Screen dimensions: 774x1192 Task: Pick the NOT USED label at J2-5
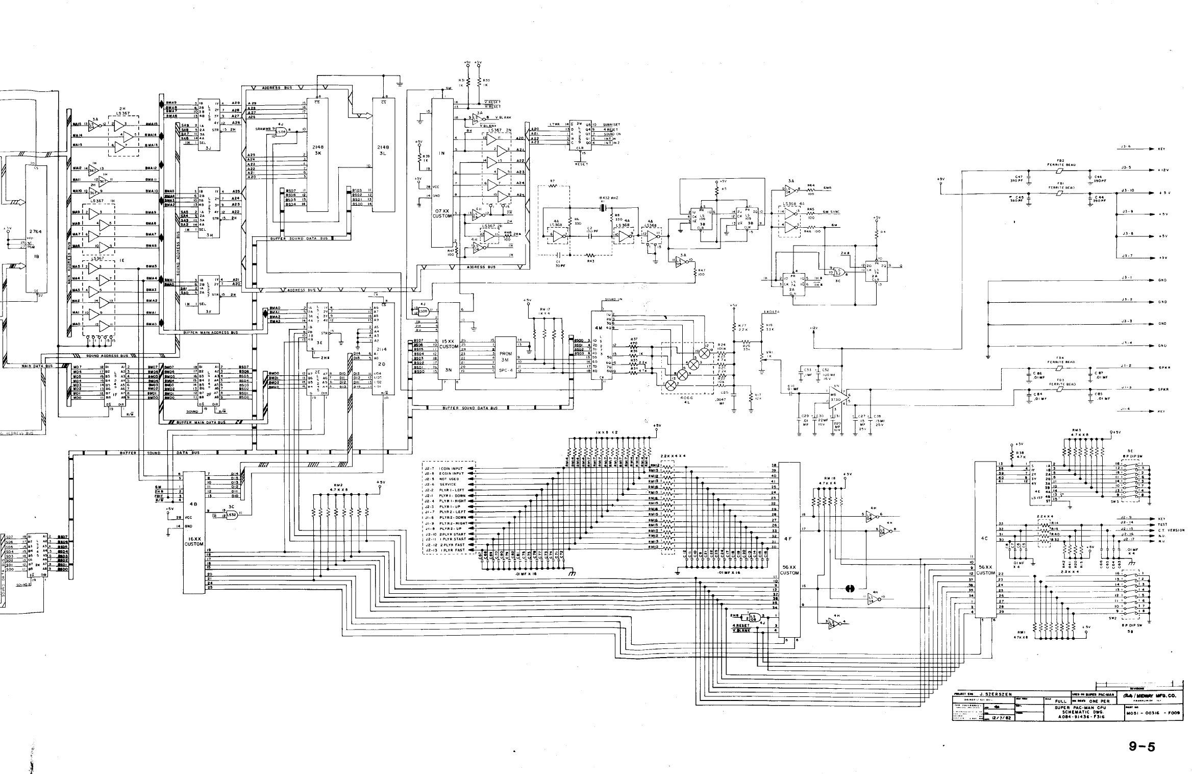tap(449, 479)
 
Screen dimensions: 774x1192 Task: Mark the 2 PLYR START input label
tap(452, 534)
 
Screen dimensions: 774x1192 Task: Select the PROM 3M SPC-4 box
tap(505, 360)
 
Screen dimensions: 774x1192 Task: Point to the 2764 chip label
tap(35, 231)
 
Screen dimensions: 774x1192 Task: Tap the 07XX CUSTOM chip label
tap(442, 213)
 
